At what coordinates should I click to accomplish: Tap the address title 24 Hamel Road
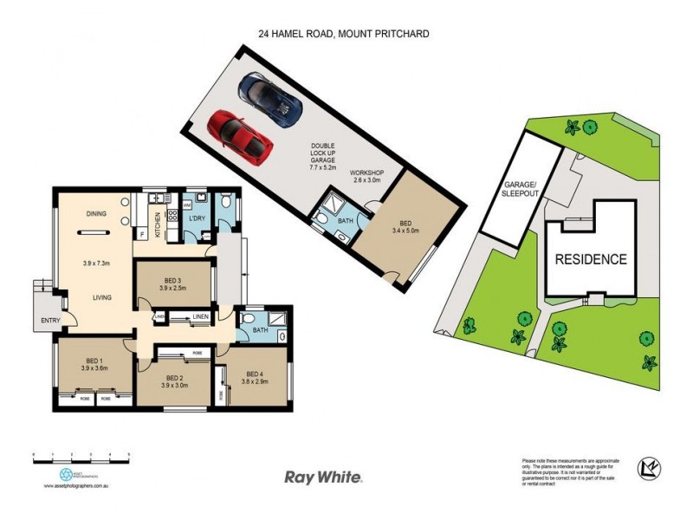[344, 34]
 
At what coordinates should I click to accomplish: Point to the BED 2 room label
[176, 379]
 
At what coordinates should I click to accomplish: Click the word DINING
[96, 213]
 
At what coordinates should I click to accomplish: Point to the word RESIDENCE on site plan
[591, 259]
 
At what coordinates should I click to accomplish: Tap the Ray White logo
[323, 477]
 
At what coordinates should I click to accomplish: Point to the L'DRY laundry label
[195, 218]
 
